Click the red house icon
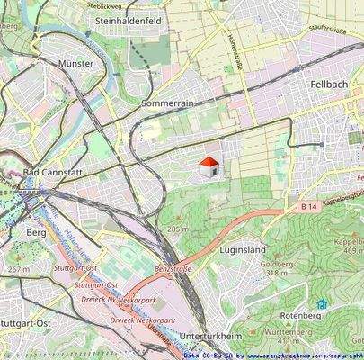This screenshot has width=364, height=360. pyautogui.click(x=208, y=166)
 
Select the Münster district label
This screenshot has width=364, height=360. pyautogui.click(x=75, y=64)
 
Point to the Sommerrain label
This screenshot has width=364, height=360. pyautogui.click(x=167, y=104)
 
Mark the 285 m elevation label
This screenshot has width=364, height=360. pyautogui.click(x=178, y=229)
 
